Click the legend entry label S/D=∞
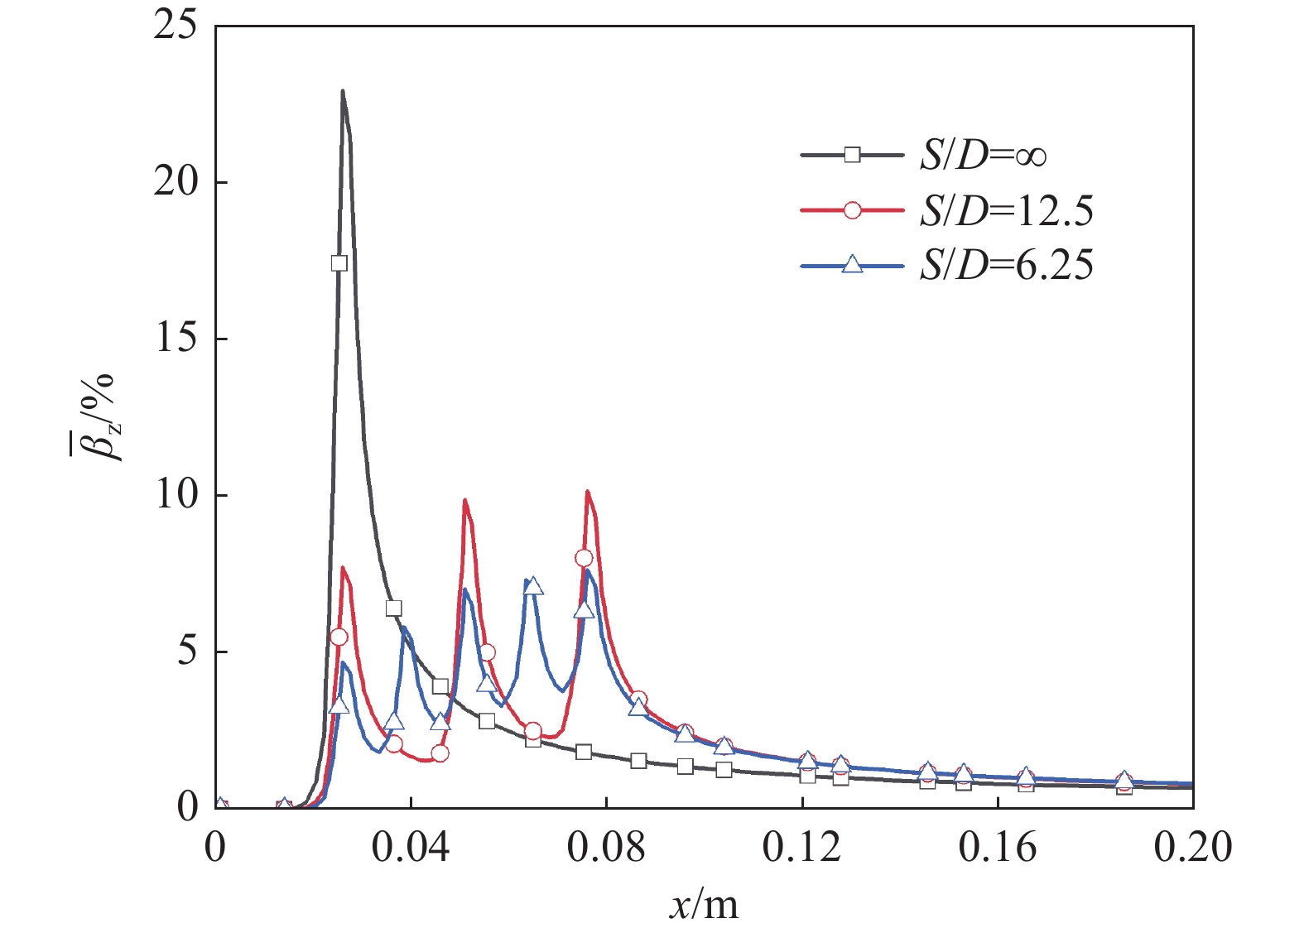click(984, 155)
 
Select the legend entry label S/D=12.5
click(1006, 211)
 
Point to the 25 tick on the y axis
click(176, 26)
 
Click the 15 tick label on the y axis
click(176, 339)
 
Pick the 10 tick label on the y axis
click(176, 495)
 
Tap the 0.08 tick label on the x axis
click(606, 848)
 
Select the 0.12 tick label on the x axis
click(801, 848)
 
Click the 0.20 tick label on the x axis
click(1192, 848)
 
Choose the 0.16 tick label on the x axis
click(997, 848)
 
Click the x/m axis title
click(704, 905)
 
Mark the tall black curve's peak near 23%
click(343, 91)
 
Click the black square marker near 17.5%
click(339, 263)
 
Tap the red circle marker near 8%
click(584, 558)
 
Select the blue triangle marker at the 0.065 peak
click(534, 586)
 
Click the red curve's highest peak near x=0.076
click(588, 492)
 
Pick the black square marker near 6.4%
click(393, 608)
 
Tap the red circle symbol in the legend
click(852, 211)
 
